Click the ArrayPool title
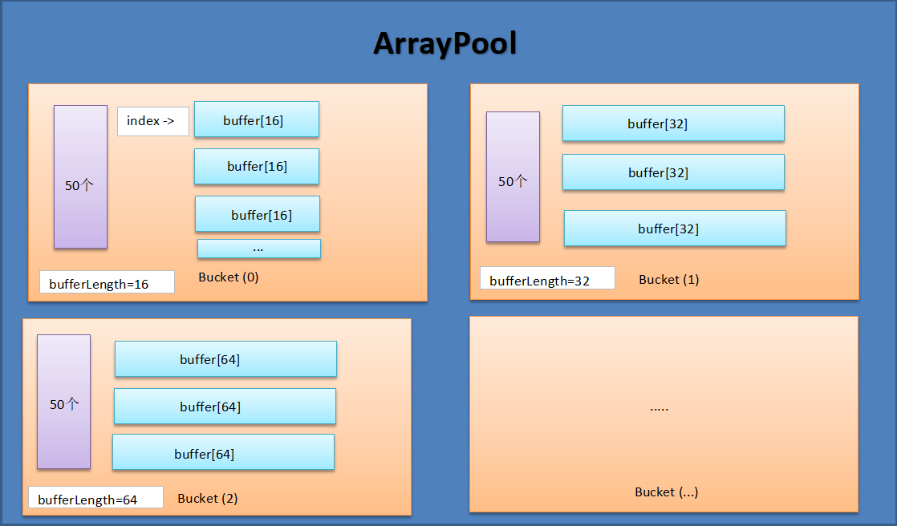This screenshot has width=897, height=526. point(444,44)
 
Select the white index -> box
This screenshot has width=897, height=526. point(152,121)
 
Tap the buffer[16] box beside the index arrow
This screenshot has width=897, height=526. point(257,119)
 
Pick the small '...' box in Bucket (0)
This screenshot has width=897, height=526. point(258,249)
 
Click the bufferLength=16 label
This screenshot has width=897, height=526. point(107,282)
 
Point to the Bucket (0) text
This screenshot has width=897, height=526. point(229,277)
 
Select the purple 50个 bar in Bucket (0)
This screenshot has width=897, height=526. point(80,176)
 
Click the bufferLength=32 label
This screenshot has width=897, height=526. point(547,279)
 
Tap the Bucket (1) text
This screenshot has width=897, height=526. point(668,280)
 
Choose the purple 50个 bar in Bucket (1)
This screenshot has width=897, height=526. point(513,176)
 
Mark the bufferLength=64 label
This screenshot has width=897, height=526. point(95,498)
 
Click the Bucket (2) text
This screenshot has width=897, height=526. point(208,498)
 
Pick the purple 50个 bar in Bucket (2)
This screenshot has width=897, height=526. point(63,402)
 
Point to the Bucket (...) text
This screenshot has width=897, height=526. point(666,492)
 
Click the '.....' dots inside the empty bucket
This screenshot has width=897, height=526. point(659,408)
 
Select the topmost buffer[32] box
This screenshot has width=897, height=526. point(673,123)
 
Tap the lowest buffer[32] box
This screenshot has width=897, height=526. point(675,229)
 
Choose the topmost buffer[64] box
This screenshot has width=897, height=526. point(225,359)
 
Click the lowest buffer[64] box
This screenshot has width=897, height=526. point(223,452)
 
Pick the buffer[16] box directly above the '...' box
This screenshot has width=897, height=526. point(258,214)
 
